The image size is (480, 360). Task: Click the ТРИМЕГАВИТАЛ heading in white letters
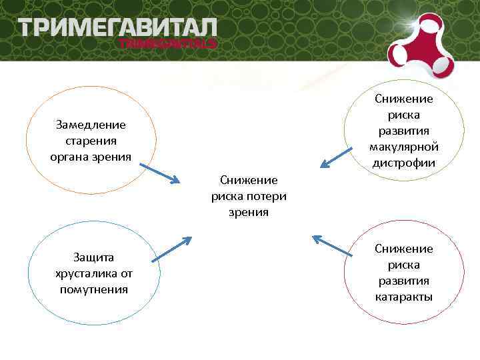click(118, 28)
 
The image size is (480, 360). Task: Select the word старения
click(91, 141)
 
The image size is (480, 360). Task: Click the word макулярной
click(404, 147)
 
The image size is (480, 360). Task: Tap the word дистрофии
click(404, 163)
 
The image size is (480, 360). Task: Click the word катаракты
click(404, 297)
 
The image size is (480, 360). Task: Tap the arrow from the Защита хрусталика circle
click(171, 248)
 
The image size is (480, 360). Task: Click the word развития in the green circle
click(404, 131)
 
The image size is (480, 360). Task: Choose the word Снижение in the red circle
click(404, 249)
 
